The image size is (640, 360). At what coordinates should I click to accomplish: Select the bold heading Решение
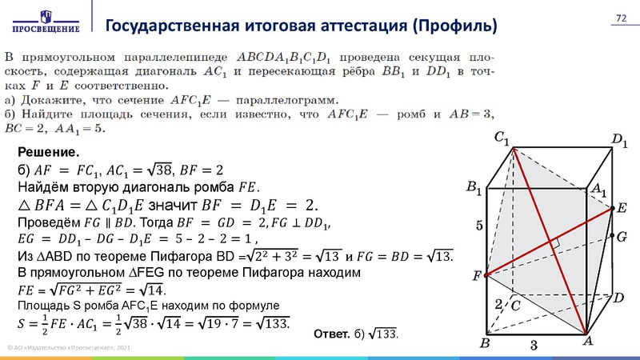[x=47, y=152]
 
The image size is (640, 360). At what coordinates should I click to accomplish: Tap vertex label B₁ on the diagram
[x=474, y=189]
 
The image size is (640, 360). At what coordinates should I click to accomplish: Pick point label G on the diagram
[x=622, y=238]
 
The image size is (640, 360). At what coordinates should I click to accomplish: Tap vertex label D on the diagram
[x=618, y=298]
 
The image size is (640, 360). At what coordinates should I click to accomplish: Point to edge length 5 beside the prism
[x=479, y=226]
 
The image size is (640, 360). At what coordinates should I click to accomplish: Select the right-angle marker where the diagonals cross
[x=554, y=242]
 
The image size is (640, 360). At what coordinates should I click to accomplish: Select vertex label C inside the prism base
[x=516, y=306]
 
